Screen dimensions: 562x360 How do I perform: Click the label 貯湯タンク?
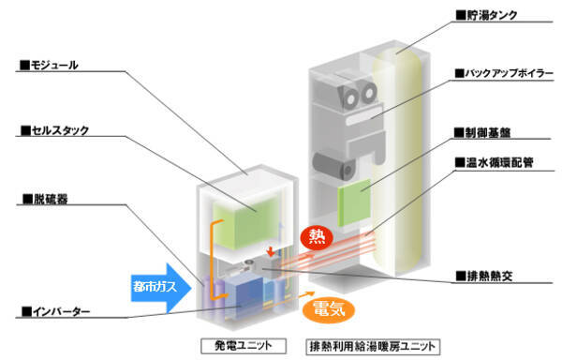click(x=486, y=15)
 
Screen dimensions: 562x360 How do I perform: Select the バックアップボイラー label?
click(x=504, y=73)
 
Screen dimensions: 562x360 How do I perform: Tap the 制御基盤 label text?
click(x=482, y=133)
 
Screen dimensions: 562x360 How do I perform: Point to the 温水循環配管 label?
click(x=494, y=162)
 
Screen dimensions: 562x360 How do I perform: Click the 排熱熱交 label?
click(x=484, y=276)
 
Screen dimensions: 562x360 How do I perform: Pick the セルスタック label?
click(x=54, y=130)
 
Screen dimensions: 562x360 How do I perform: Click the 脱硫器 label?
click(x=45, y=199)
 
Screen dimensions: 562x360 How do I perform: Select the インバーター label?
click(x=55, y=311)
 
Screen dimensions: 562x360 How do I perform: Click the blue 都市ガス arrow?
click(x=160, y=287)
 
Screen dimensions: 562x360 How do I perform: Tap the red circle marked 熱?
click(x=317, y=237)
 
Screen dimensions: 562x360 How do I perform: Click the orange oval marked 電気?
click(x=329, y=309)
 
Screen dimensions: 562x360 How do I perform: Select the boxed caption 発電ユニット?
click(x=244, y=346)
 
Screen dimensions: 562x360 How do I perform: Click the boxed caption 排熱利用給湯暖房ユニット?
click(x=373, y=346)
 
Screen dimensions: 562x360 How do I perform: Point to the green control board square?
click(x=354, y=202)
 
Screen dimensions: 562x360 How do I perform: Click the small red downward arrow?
click(x=271, y=251)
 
